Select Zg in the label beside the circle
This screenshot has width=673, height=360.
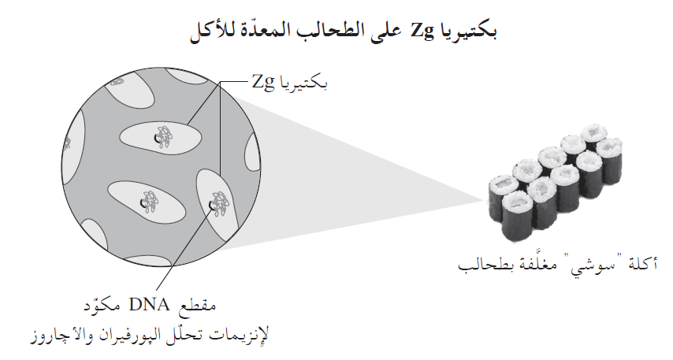point(266,80)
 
